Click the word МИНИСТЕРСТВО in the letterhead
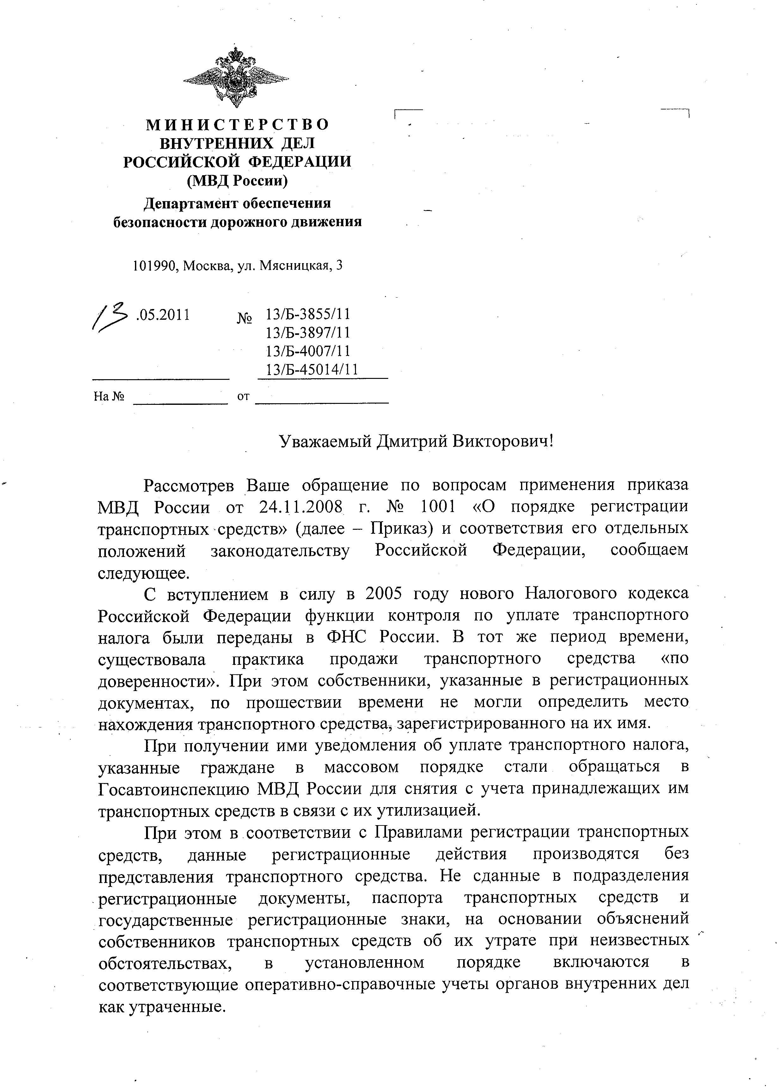(x=238, y=125)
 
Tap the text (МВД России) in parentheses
(x=237, y=181)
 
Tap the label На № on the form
(x=109, y=396)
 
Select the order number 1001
(x=437, y=507)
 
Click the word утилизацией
(x=429, y=811)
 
